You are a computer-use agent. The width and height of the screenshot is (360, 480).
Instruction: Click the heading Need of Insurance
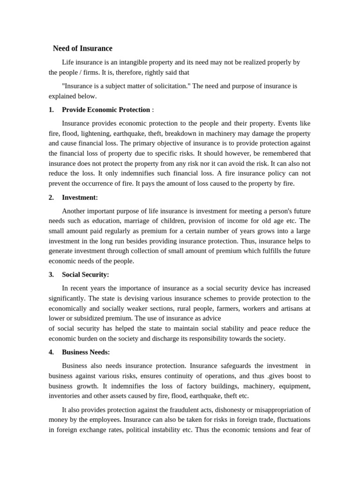pos(82,48)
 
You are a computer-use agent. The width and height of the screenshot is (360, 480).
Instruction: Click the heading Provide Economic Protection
pos(106,110)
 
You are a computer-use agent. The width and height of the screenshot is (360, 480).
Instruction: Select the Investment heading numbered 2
pos(80,198)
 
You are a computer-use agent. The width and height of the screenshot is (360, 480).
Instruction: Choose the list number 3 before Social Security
pos(51,275)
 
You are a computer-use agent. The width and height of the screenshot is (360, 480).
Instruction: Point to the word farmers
pos(244,308)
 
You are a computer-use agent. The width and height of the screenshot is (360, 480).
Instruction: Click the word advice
pos(211,318)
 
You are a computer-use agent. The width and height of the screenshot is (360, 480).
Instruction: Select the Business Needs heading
pos(86,352)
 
